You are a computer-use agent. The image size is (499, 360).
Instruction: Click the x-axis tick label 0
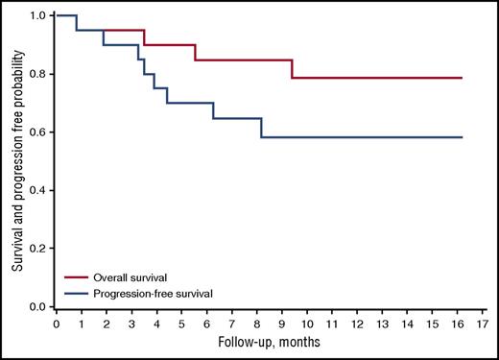pos(57,324)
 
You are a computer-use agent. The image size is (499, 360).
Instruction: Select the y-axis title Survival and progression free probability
pos(14,160)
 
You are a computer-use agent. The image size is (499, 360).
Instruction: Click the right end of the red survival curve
pos(462,78)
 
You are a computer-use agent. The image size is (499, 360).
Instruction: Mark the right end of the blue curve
pos(462,137)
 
